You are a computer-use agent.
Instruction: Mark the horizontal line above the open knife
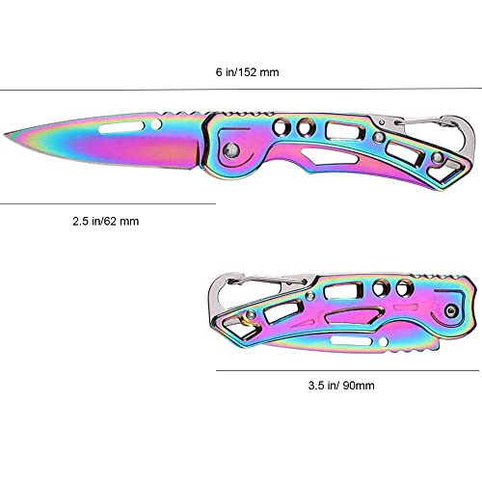point(241,90)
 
